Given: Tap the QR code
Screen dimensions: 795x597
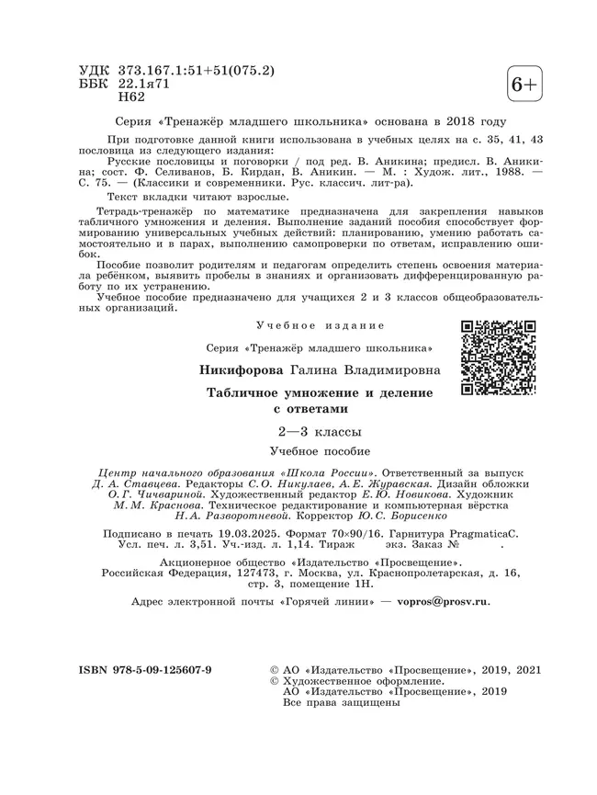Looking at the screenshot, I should pos(498,358).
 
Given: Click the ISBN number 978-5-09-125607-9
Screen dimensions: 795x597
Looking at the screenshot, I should pos(145,670).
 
